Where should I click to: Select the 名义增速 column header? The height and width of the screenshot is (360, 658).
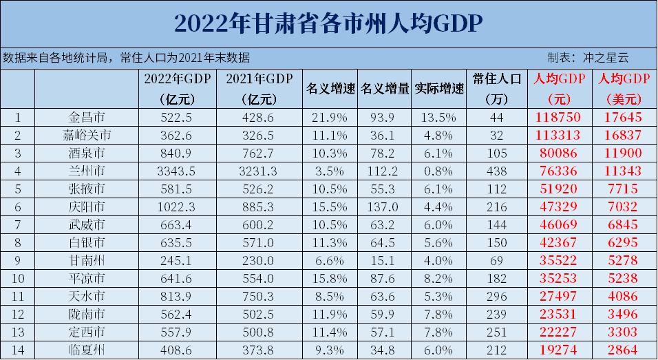pyautogui.click(x=330, y=89)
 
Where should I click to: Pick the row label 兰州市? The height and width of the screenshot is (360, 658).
pyautogui.click(x=87, y=169)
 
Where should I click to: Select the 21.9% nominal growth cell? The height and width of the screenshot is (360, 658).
pyautogui.click(x=330, y=117)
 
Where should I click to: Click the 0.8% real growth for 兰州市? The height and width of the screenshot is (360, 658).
pyautogui.click(x=439, y=169)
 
